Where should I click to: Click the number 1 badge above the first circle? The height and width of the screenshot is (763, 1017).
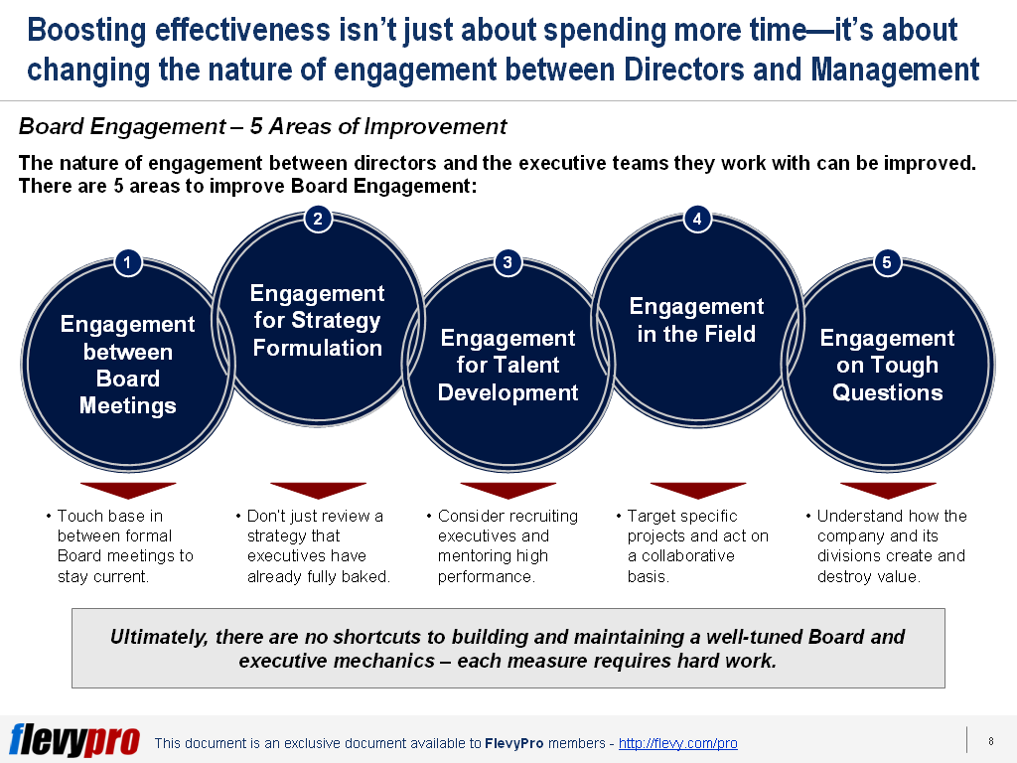tap(127, 262)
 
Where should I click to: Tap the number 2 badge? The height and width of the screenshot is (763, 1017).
tap(317, 220)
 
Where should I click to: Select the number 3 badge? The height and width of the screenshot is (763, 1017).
tap(508, 262)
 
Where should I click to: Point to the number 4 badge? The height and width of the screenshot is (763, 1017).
tap(697, 220)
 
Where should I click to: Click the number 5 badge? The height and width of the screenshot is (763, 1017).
tap(887, 262)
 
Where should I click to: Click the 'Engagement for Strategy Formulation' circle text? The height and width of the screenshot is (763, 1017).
tap(317, 321)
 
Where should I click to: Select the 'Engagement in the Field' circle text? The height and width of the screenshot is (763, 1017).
tap(697, 320)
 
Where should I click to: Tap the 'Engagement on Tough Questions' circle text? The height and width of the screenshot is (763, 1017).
tap(887, 365)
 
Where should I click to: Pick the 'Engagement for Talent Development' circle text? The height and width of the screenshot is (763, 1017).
tap(508, 365)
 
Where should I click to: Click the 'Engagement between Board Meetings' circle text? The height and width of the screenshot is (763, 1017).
tap(127, 365)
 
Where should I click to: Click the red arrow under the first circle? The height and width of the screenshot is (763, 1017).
tap(127, 491)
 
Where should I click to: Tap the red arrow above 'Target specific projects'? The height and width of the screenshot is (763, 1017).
tap(697, 491)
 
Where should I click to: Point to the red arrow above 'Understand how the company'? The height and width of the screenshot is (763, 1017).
tap(887, 491)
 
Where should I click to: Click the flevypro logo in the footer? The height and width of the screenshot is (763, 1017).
tap(73, 740)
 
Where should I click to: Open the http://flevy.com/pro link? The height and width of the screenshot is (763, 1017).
tap(677, 743)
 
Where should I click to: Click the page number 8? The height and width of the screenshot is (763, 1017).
tap(990, 740)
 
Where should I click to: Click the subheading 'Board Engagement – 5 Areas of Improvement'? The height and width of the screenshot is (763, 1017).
tap(263, 127)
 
